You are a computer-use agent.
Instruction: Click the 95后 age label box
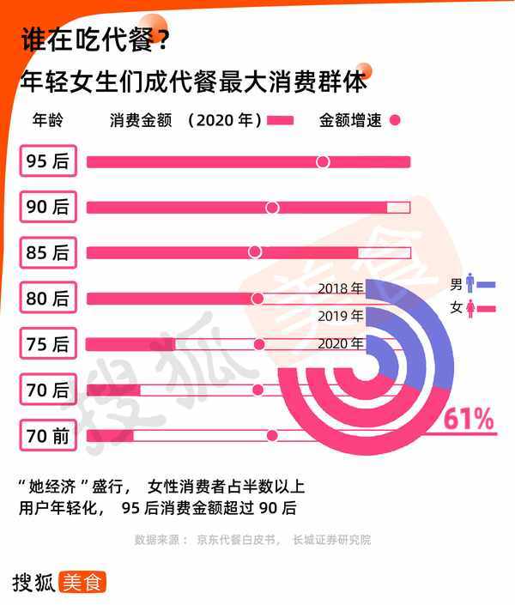[x=49, y=162]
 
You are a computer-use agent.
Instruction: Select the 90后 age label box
[x=49, y=208]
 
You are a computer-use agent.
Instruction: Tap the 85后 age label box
[x=49, y=253]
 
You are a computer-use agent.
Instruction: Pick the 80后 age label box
[x=49, y=299]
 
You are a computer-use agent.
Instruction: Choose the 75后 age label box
[x=49, y=344]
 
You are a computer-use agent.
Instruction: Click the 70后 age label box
[x=49, y=390]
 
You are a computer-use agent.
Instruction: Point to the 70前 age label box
[x=49, y=436]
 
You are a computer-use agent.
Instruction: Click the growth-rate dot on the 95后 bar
[x=323, y=162]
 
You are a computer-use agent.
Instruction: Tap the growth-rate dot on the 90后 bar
[x=273, y=208]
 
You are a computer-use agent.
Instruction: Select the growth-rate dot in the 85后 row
[x=254, y=252]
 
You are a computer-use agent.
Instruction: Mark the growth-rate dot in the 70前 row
[x=273, y=436]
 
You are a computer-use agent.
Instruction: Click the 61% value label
[x=469, y=420]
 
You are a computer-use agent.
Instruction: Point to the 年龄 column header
[x=47, y=120]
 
